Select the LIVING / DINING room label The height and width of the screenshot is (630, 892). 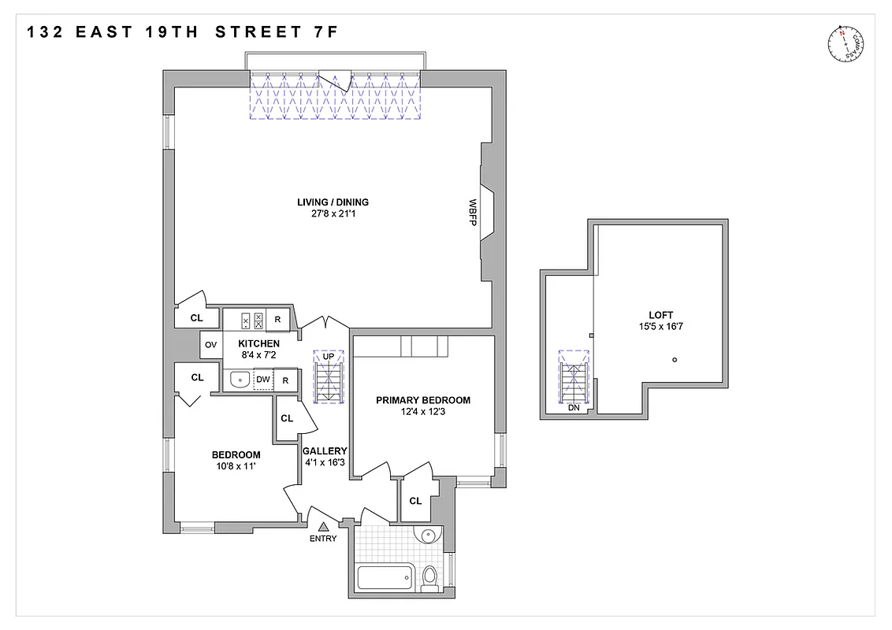coord(333,202)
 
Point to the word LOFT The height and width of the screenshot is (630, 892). coord(662,315)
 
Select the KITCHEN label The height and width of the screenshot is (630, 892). coord(258,344)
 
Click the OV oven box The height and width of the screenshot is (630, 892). coord(211,344)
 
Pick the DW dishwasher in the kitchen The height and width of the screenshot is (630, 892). coord(263,380)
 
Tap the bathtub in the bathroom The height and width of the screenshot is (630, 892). coord(385,578)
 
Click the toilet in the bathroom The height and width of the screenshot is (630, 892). coord(429,578)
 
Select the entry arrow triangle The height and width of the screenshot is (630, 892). coord(323,527)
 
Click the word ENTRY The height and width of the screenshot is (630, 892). coord(323,539)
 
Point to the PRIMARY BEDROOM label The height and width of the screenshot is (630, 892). coord(422,400)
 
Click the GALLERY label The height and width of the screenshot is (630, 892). coord(325,451)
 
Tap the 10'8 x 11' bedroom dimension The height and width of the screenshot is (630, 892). coord(236,465)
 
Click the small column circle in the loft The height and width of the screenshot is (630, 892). coord(675,360)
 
